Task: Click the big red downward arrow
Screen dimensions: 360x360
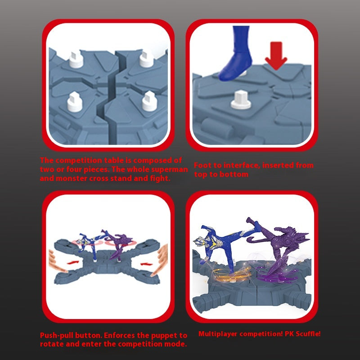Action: point(276,55)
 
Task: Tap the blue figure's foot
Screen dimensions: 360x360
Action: point(235,67)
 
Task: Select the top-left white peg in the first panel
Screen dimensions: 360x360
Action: point(76,59)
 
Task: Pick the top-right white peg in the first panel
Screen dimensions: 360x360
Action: point(147,59)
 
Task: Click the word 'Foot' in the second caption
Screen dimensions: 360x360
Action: point(202,165)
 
